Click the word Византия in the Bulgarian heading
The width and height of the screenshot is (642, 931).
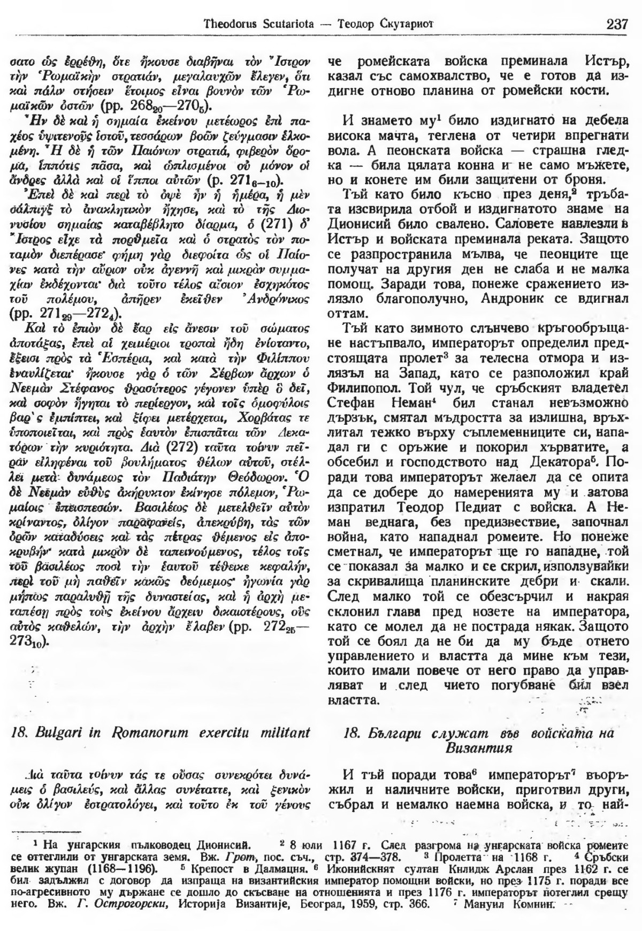coord(479,748)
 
